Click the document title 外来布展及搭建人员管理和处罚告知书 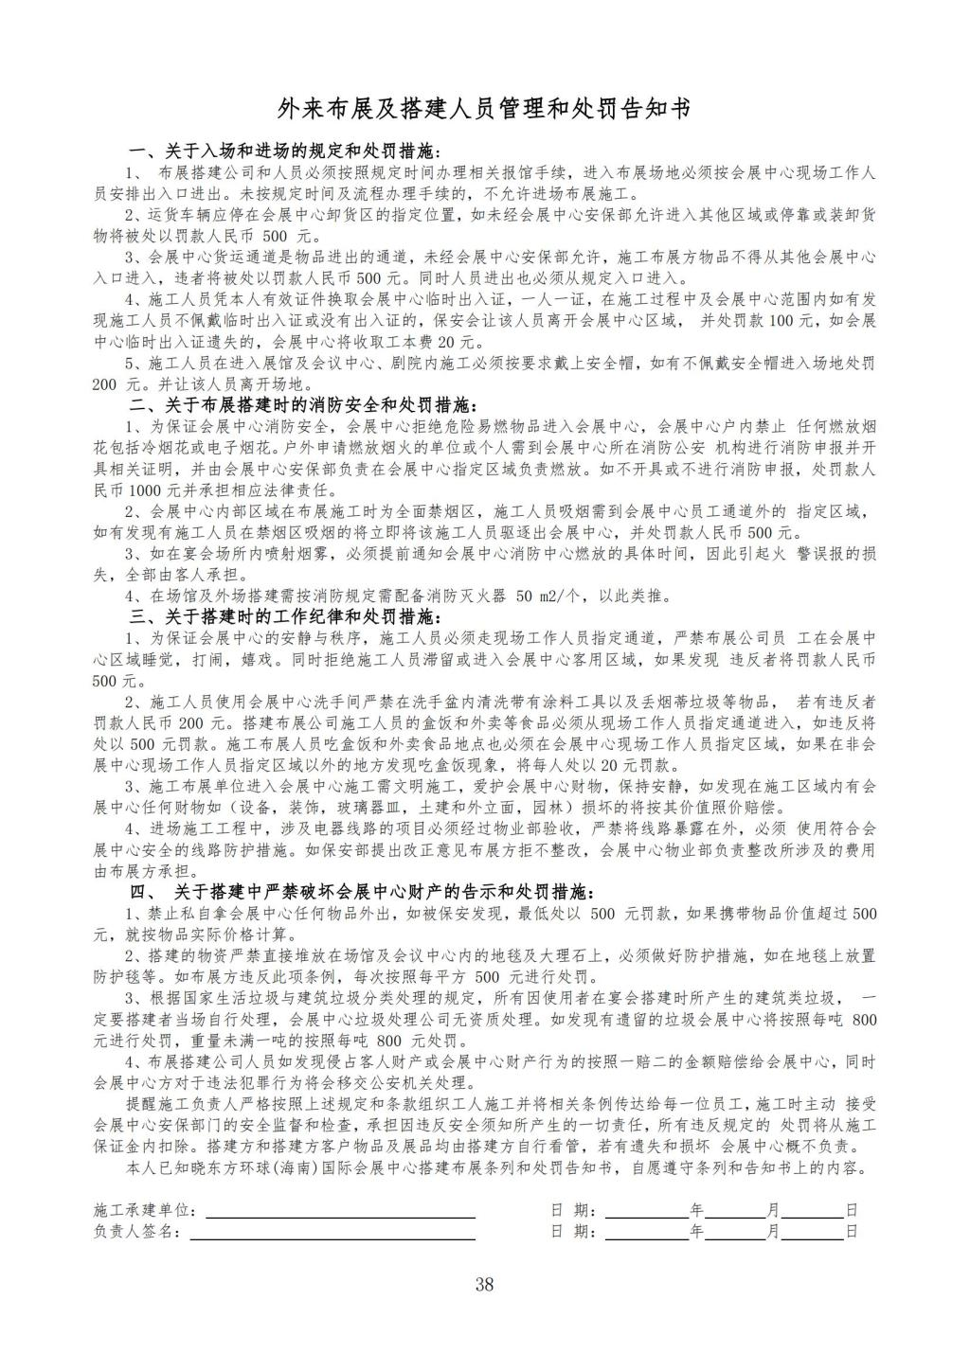pos(484,109)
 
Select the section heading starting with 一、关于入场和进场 pos(285,151)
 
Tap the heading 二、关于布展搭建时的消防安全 pos(303,404)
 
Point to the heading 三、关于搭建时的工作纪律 pos(285,616)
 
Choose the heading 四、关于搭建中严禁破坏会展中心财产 pos(361,892)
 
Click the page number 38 pos(484,1285)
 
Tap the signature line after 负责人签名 pos(332,1232)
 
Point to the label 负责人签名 pos(135,1232)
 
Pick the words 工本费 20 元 pos(445,342)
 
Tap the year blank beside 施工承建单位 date pos(646,1211)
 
